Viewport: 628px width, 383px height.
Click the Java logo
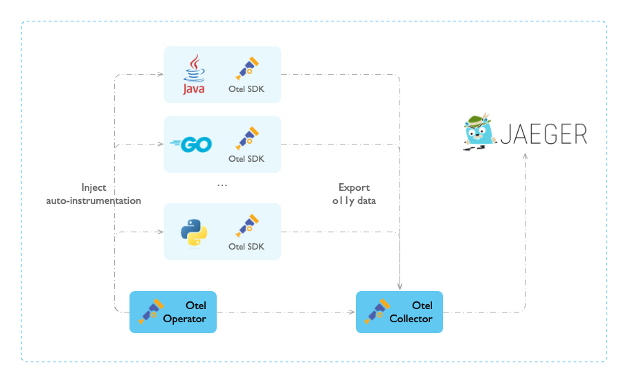click(194, 75)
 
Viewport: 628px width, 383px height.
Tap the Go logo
click(191, 144)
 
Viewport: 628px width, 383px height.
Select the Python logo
click(195, 232)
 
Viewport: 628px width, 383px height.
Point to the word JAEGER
click(544, 133)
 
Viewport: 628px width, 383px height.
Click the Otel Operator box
click(173, 312)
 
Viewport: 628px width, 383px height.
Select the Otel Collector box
click(399, 312)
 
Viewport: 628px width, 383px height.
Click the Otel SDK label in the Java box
click(246, 89)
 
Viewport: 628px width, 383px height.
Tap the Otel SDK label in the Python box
click(246, 247)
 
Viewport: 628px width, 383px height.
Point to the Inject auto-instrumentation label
click(93, 194)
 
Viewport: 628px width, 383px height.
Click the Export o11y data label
click(354, 194)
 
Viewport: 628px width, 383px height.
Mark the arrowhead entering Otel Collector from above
click(400, 286)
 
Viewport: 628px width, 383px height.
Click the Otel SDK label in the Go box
click(246, 159)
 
